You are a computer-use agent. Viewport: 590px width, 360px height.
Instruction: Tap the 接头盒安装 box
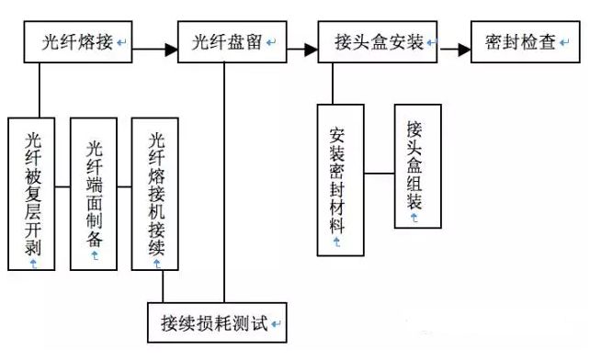click(378, 43)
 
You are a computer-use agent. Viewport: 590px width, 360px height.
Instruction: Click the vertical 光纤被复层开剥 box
click(33, 194)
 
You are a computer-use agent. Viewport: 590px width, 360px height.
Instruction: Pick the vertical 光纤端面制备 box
click(95, 194)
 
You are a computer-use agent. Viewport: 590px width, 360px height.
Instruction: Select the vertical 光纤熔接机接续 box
click(155, 194)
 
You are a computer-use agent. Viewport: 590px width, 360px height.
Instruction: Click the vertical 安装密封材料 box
click(339, 179)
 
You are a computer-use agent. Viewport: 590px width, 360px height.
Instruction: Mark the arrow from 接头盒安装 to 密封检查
click(454, 43)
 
